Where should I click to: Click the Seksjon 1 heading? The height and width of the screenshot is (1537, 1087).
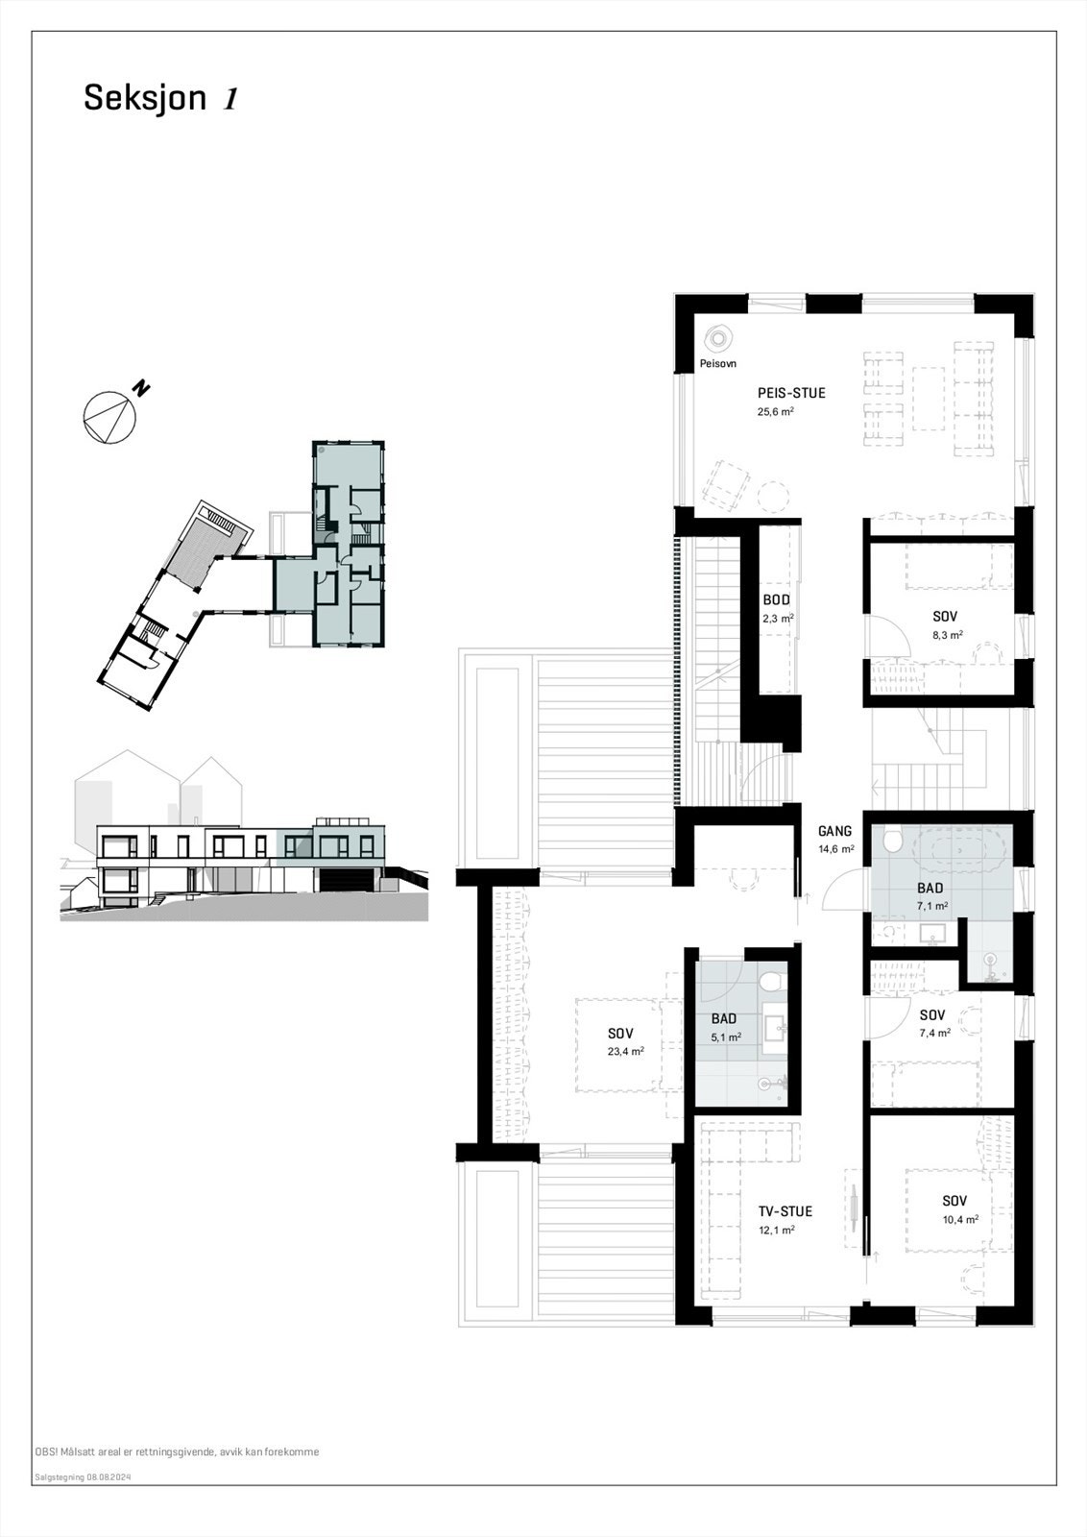coord(160,98)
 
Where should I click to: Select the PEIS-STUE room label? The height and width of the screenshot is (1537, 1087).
coord(791,393)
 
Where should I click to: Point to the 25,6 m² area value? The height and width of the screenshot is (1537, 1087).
coord(776,412)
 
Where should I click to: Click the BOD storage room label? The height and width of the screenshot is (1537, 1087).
coord(776,600)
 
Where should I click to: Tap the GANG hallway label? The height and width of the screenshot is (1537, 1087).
coord(834,832)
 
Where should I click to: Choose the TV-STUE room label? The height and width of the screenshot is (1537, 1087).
coord(785,1211)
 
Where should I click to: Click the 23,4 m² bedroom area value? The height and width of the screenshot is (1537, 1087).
coord(625,1052)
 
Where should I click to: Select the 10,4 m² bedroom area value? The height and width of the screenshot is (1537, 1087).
coord(959,1220)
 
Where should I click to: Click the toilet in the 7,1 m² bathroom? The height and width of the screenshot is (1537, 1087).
coord(894,842)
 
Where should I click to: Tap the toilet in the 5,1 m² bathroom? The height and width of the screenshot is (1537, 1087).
coord(768,982)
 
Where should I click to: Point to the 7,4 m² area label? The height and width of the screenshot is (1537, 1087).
coord(933,1034)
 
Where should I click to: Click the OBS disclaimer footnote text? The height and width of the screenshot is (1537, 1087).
coord(177,1452)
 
